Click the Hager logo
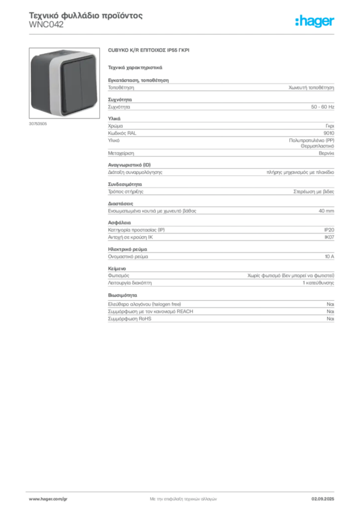315,21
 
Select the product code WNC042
46,25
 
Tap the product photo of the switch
64,83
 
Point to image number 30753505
38,124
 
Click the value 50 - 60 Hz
322,107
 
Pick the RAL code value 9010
329,133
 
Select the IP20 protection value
329,230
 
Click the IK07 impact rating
329,237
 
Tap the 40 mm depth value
326,211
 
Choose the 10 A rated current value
330,256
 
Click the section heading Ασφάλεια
119,223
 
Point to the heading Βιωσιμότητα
122,295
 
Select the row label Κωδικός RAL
122,133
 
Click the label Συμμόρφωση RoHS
129,319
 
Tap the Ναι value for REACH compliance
331,311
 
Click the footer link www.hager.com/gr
48,499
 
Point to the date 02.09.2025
323,499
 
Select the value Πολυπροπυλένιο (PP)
312,141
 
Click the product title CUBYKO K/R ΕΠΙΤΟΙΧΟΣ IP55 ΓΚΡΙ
149,50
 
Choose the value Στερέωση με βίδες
314,191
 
